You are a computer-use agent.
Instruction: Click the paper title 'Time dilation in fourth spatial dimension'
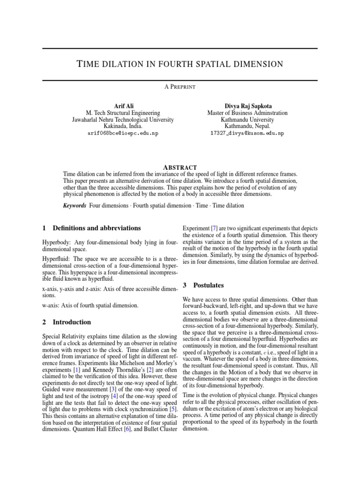180,64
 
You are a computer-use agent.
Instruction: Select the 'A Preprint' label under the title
180,87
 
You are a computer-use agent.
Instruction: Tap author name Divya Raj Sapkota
247,106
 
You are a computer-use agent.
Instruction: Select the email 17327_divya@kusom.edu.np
247,134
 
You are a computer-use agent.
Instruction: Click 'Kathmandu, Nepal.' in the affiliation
247,127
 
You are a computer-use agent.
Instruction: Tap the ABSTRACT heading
180,167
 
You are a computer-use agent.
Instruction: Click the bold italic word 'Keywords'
75,205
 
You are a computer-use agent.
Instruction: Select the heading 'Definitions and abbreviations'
97,228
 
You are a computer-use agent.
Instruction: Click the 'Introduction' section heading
72,322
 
